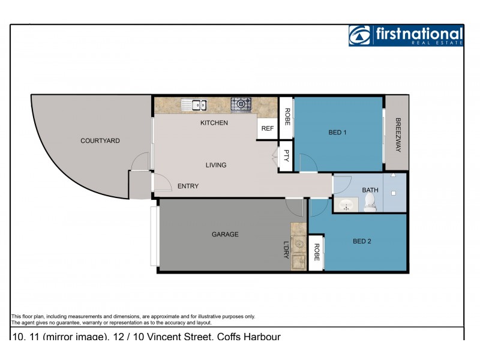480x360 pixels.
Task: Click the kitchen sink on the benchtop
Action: point(194,105)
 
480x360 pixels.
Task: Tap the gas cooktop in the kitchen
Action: point(241,104)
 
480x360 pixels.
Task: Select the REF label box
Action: point(268,128)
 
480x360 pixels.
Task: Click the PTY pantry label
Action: point(286,156)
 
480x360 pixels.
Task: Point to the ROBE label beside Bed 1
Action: point(287,116)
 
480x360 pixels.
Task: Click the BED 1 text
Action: point(337,133)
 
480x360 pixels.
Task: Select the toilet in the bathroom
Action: point(370,203)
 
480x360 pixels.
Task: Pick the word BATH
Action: point(370,190)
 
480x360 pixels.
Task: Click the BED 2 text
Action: point(362,241)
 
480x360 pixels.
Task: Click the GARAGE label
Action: point(225,234)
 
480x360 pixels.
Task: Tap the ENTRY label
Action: point(188,186)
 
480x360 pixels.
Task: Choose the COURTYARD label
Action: point(100,141)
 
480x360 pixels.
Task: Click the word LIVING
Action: point(216,165)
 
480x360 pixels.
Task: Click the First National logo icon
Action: point(361,35)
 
